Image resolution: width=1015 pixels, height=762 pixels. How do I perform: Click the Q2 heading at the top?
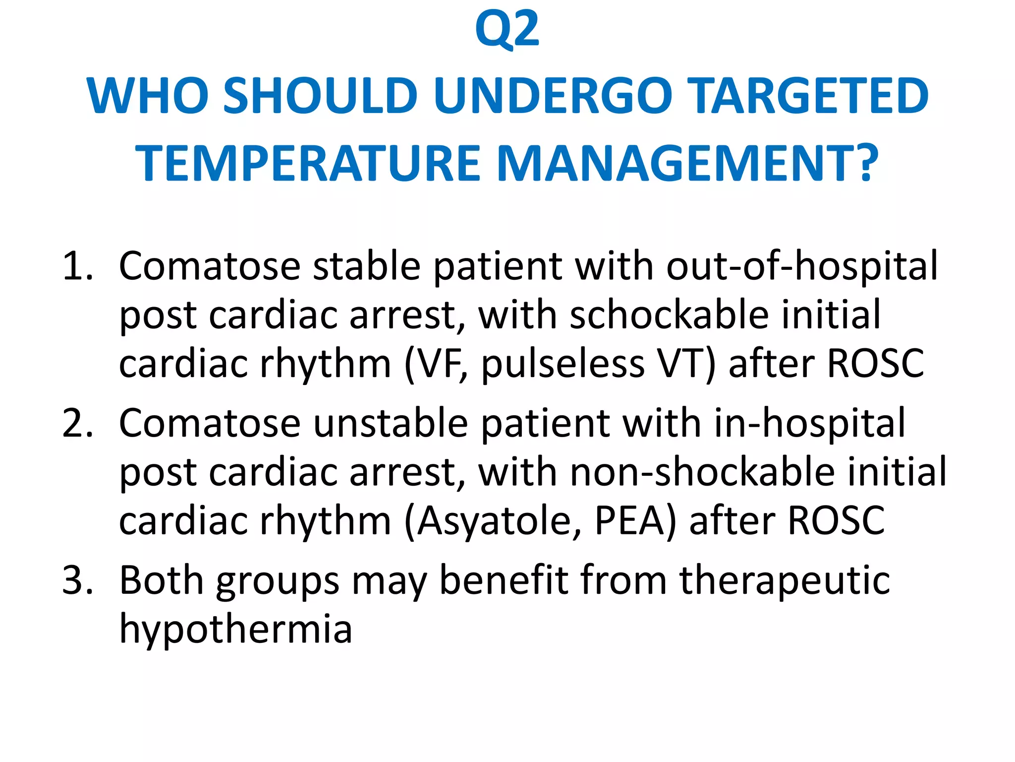[507, 31]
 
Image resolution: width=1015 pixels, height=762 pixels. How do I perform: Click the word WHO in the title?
[148, 96]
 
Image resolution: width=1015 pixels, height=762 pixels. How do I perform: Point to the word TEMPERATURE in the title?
[308, 164]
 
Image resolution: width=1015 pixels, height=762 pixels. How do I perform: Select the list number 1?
[77, 267]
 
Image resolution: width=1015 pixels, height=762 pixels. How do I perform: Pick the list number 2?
[77, 424]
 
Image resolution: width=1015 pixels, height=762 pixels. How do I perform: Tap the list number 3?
[77, 580]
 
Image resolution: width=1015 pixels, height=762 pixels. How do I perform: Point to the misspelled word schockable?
[669, 315]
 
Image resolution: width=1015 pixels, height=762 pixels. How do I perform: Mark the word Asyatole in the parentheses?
[498, 521]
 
